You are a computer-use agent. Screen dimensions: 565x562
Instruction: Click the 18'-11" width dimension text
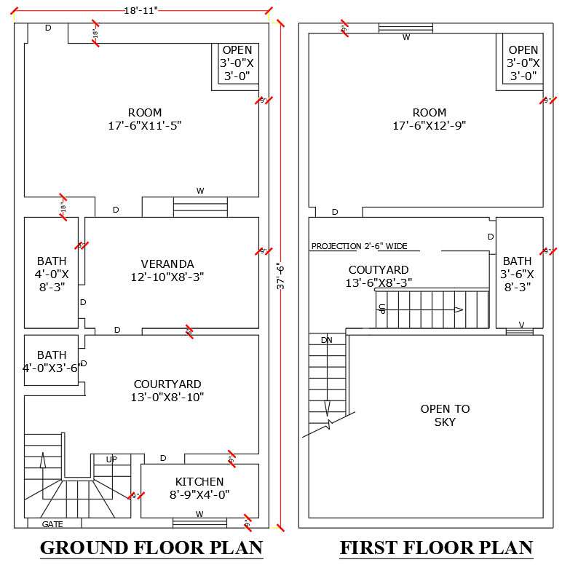coord(140,10)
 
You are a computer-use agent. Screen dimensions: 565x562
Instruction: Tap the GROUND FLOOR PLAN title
coord(151,548)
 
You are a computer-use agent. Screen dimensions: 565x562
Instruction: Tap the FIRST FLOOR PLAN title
coord(436,548)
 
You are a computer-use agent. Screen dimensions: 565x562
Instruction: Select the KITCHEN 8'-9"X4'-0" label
coord(199,488)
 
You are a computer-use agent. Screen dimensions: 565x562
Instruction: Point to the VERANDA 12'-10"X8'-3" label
coord(167,270)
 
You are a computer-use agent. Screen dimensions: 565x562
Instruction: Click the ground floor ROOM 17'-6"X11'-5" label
coord(144,119)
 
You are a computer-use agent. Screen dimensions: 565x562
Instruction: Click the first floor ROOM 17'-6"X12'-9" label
coord(429,119)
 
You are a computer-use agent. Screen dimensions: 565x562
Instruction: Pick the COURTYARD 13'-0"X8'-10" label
coord(167,390)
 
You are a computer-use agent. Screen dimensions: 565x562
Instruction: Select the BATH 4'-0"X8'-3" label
coord(52,273)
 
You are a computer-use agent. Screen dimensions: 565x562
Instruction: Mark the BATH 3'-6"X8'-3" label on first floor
coord(517,273)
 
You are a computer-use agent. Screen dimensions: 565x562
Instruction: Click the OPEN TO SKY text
coord(445,415)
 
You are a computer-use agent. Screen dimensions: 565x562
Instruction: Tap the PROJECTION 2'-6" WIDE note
coord(360,246)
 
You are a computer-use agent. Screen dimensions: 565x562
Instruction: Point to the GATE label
coord(52,523)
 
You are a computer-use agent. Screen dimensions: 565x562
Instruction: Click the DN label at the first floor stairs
coord(326,340)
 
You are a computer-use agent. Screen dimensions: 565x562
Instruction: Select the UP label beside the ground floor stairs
coord(111,459)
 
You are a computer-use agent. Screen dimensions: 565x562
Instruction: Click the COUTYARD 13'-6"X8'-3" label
coord(379,276)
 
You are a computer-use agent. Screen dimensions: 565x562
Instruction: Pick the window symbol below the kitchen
coord(199,522)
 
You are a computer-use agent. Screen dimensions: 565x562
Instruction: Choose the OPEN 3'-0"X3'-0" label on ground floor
coord(237,63)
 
